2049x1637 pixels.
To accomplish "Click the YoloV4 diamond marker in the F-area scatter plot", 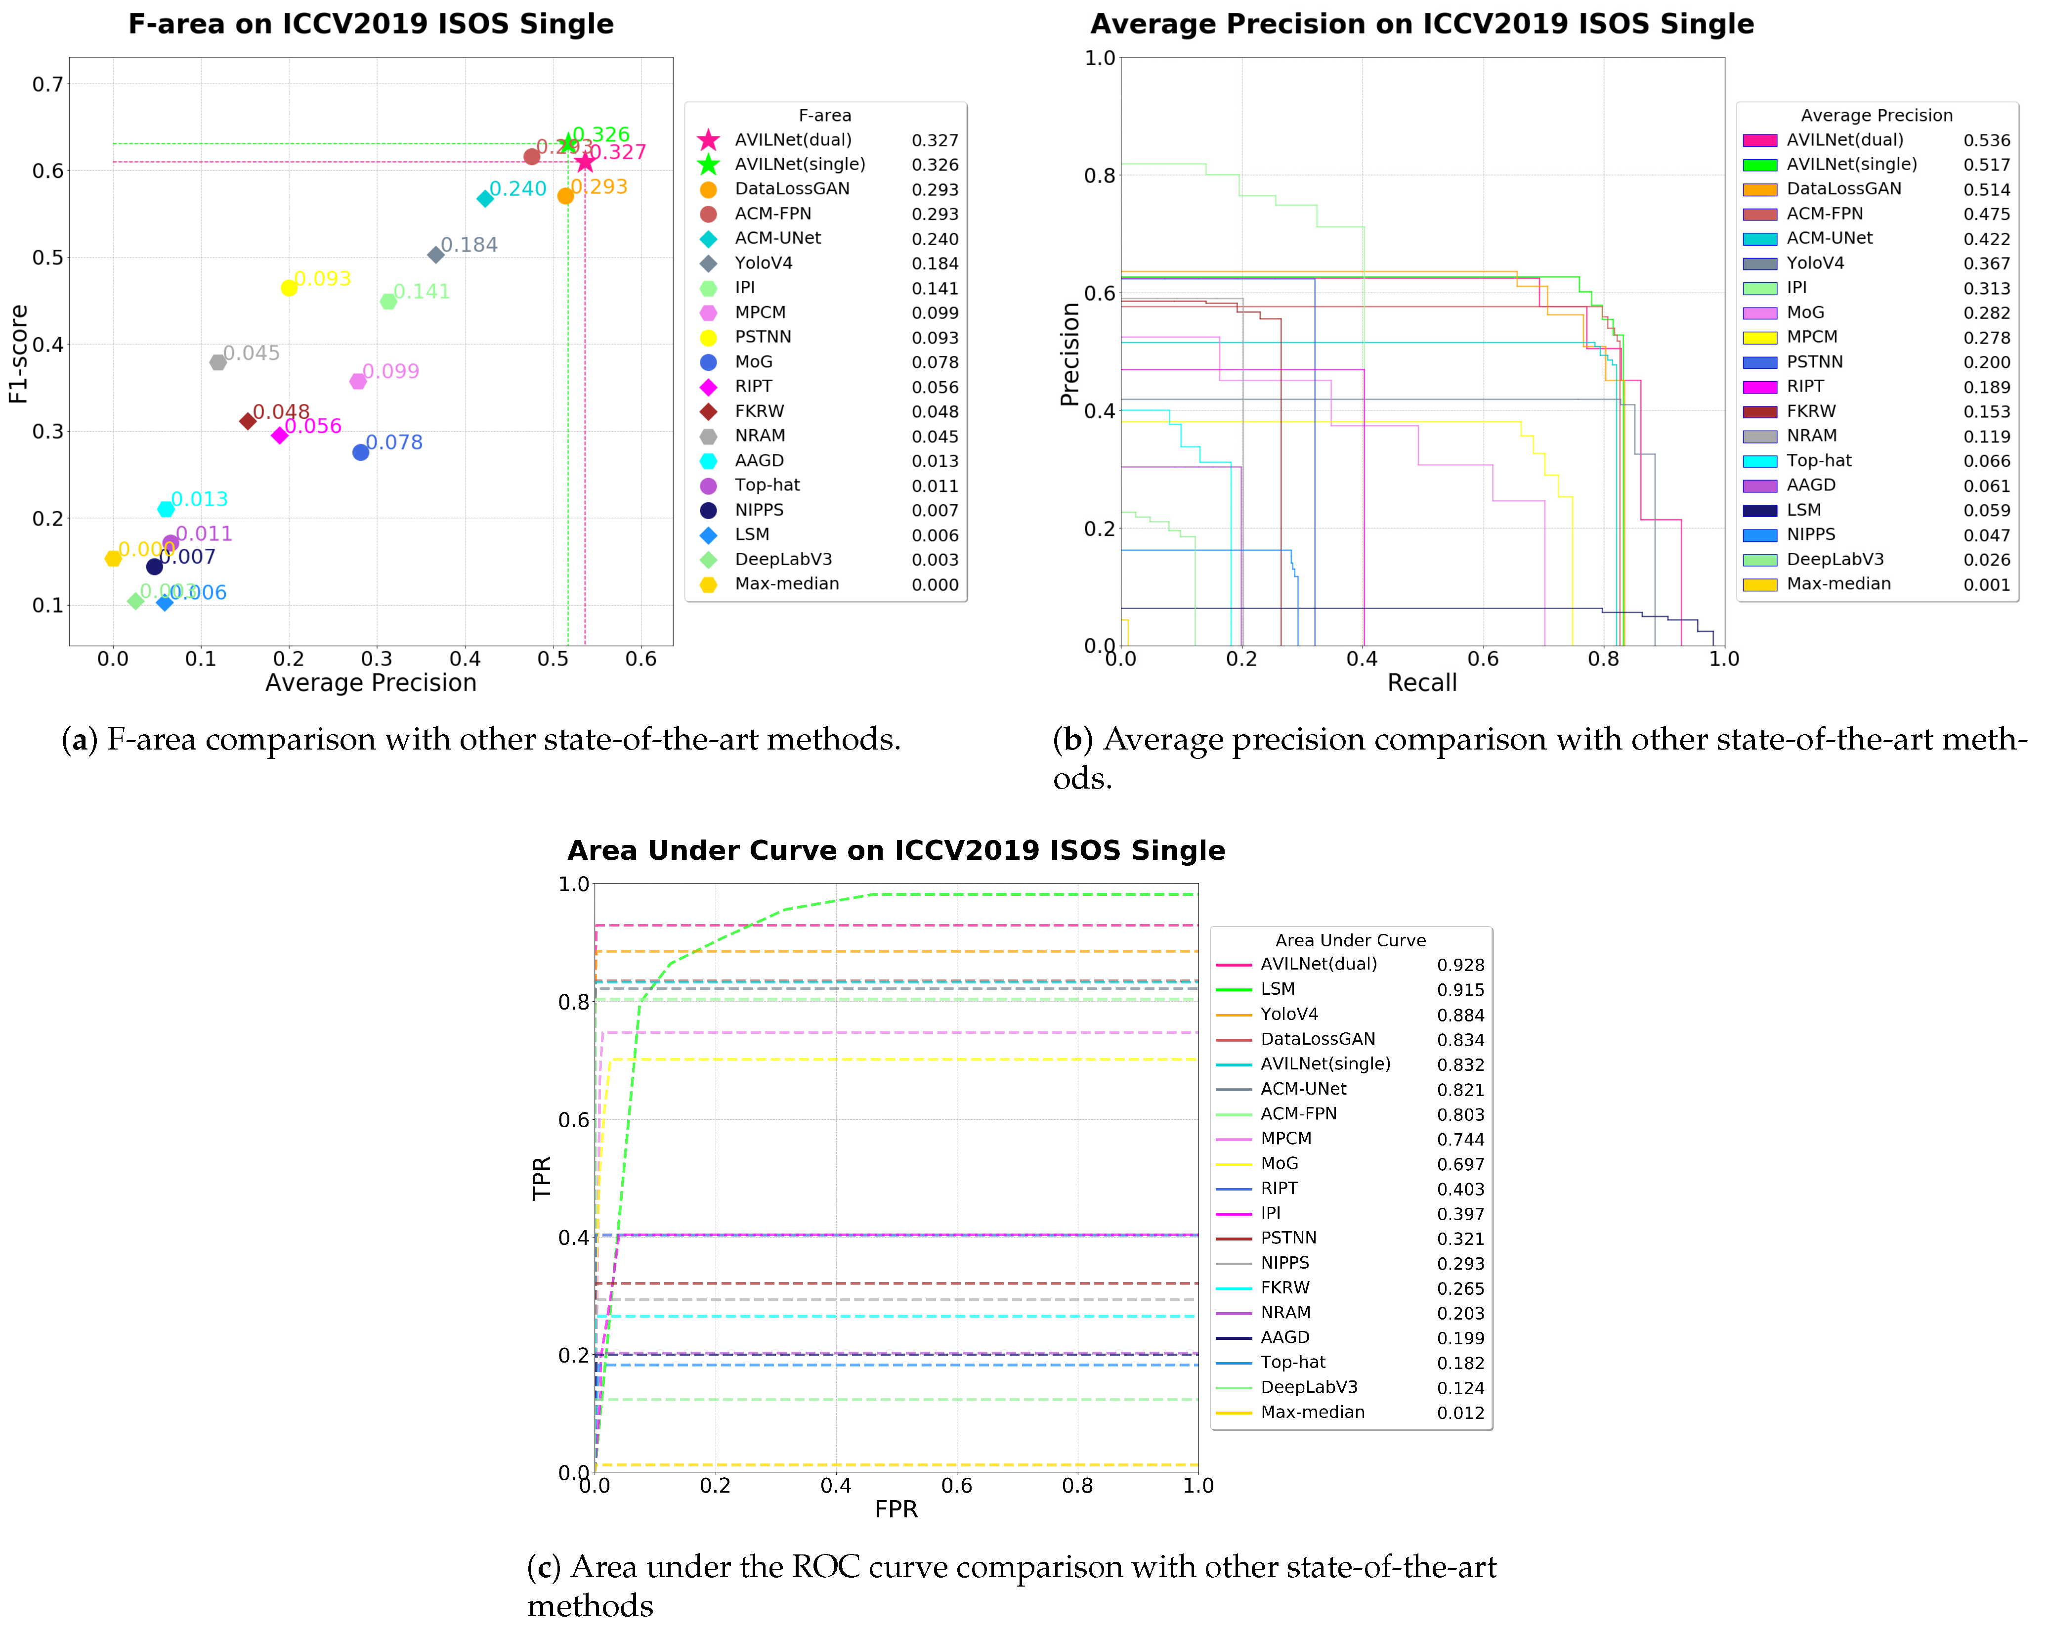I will pos(435,255).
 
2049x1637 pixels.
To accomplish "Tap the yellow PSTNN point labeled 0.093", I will pos(289,288).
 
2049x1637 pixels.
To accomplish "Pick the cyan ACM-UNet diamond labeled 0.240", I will pos(485,199).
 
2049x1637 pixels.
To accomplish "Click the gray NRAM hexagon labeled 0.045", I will pos(217,362).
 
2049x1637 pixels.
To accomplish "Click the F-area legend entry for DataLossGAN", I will pos(792,189).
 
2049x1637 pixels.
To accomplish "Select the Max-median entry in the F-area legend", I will pos(786,584).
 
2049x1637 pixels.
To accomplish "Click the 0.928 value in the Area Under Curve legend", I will pos(1460,965).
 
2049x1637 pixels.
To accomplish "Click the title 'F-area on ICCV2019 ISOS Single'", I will pos(371,24).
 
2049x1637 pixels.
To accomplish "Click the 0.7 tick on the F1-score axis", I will pos(47,85).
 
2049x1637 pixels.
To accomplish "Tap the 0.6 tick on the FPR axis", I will pos(956,1486).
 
